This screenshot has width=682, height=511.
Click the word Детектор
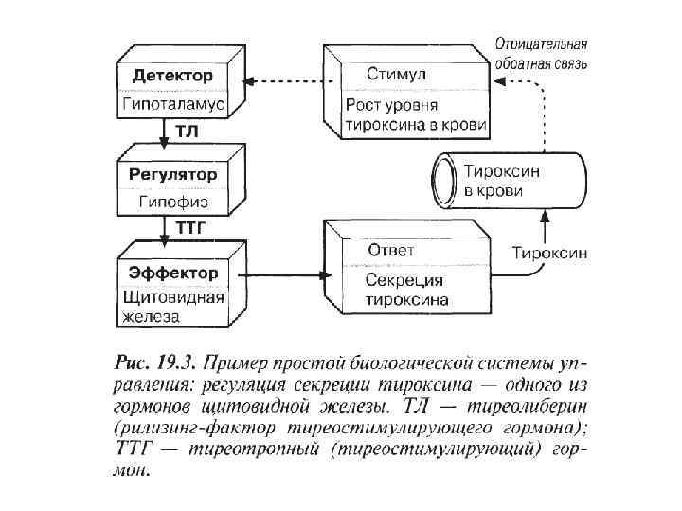click(x=172, y=75)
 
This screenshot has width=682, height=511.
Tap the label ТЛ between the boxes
click(x=186, y=132)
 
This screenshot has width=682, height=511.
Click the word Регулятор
click(x=172, y=175)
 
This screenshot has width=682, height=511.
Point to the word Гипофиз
click(x=172, y=202)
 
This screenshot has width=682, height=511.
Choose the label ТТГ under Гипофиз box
click(x=189, y=228)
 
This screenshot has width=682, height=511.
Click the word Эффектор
click(x=172, y=273)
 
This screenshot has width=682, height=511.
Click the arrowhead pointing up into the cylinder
click(x=544, y=217)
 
